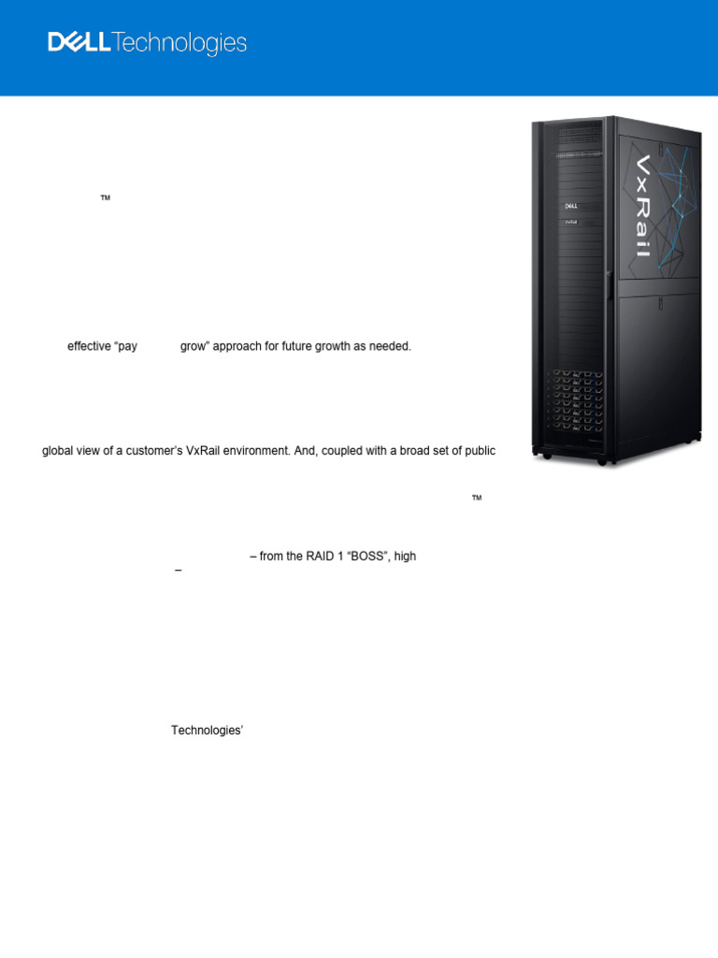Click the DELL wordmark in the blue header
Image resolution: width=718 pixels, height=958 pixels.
pyautogui.click(x=79, y=43)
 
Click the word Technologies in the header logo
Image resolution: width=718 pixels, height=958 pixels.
pyautogui.click(x=179, y=44)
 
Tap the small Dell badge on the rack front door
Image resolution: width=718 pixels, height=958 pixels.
pyautogui.click(x=569, y=205)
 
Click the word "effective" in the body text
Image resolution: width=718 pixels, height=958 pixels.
pyautogui.click(x=89, y=346)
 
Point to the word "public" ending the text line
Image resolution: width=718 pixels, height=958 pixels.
pyautogui.click(x=480, y=451)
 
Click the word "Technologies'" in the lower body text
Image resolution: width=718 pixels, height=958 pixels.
pyautogui.click(x=207, y=731)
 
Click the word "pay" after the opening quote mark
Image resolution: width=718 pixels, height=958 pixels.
pyautogui.click(x=126, y=346)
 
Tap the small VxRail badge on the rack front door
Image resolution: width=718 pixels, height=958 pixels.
pyautogui.click(x=569, y=222)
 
